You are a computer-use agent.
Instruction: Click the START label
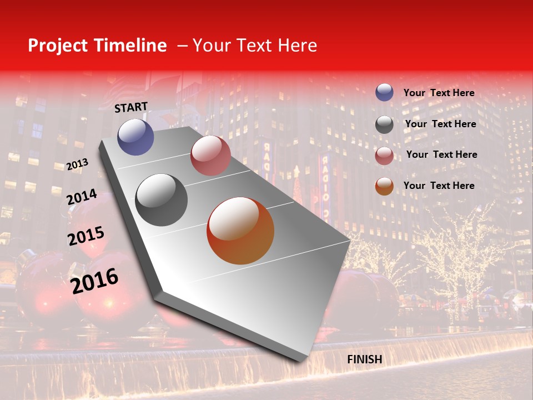131,107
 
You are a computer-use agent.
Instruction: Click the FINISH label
364,359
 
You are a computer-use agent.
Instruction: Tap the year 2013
77,164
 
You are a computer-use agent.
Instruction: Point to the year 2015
86,236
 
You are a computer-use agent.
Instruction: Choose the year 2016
94,281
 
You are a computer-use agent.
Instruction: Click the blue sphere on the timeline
136,137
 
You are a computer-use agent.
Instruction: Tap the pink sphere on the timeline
210,156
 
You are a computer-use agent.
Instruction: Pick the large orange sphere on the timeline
240,231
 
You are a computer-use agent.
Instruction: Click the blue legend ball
384,93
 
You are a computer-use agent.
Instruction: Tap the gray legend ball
384,124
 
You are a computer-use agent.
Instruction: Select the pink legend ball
384,156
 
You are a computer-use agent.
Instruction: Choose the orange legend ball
384,186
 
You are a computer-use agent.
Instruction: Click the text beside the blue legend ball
439,93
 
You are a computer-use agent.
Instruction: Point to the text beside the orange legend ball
439,186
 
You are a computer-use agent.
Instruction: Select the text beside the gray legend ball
440,124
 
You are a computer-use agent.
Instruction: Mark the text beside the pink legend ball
441,154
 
